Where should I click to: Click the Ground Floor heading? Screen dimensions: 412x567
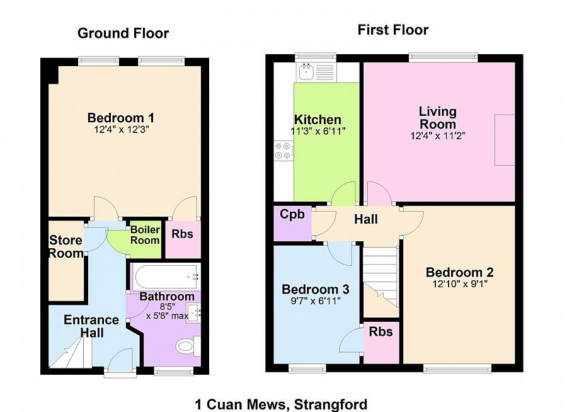(x=123, y=33)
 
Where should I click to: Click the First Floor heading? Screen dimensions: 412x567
(x=393, y=30)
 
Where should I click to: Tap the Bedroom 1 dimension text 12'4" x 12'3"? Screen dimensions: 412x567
(x=121, y=129)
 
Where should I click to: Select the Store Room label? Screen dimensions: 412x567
(x=66, y=247)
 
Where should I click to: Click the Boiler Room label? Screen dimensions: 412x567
(x=145, y=235)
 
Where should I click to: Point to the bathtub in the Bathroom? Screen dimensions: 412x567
(x=166, y=276)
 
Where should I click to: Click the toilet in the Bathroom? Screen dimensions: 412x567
(x=187, y=346)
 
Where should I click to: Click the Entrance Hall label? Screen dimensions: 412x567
(x=91, y=326)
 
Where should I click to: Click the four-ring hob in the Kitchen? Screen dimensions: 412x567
(x=283, y=150)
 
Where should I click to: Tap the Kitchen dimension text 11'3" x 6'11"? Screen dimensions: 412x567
(x=318, y=131)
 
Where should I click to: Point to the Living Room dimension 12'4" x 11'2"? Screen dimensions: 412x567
(x=437, y=135)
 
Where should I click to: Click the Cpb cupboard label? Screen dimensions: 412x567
(x=292, y=214)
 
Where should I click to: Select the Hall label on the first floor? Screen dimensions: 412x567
(x=366, y=219)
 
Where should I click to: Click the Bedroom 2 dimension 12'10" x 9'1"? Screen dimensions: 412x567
(x=459, y=283)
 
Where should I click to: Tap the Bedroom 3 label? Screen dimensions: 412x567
(x=315, y=289)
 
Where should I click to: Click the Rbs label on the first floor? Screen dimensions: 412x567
(x=381, y=331)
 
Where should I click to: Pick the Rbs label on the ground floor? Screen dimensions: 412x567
(x=182, y=234)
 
